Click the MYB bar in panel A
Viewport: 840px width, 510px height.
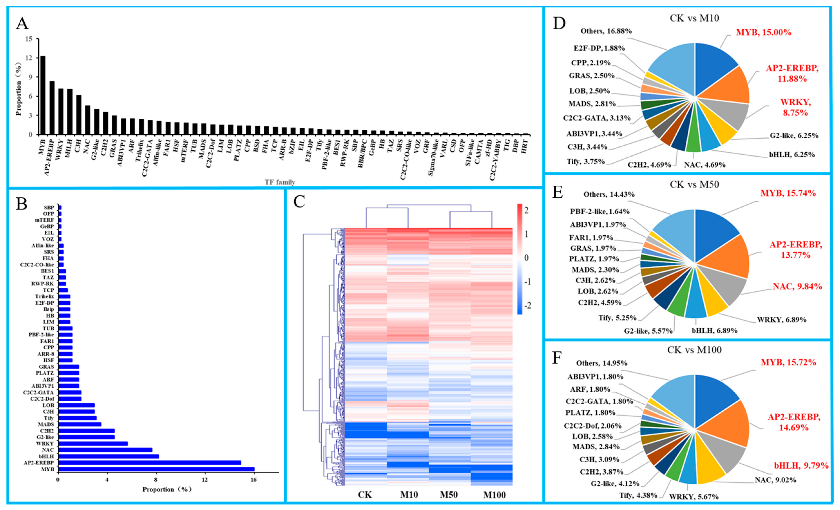[x=43, y=95]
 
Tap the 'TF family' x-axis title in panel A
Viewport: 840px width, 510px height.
[x=280, y=182]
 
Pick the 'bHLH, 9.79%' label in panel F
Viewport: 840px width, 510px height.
[x=801, y=465]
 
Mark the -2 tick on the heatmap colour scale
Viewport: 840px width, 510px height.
[x=527, y=306]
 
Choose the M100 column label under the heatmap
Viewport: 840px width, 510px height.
[x=494, y=495]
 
